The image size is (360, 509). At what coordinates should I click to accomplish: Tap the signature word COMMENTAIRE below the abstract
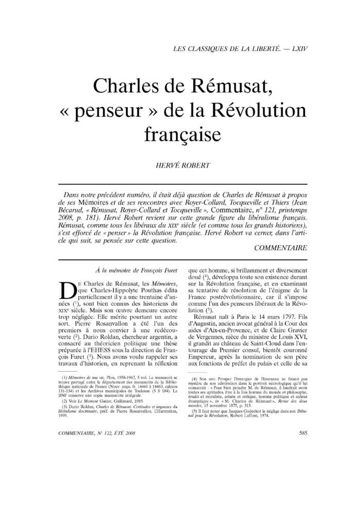[281, 247]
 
